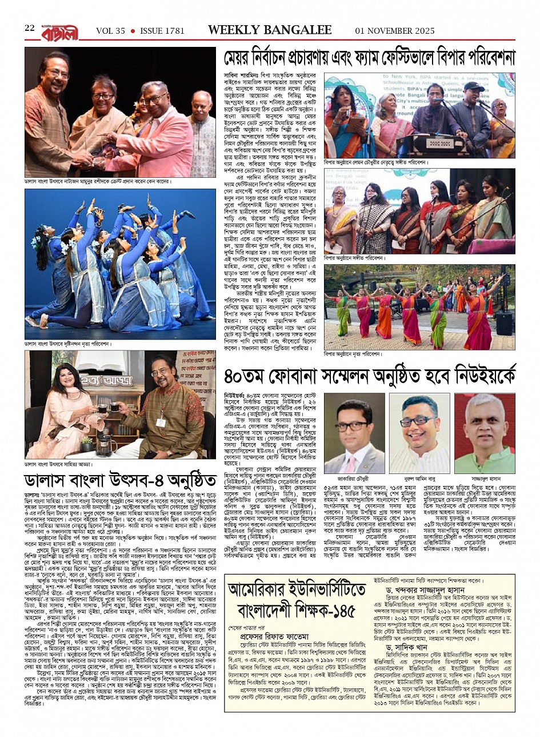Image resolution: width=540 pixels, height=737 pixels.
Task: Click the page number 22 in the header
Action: [30, 28]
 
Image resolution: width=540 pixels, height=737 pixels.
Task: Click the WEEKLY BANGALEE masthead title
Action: [270, 30]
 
